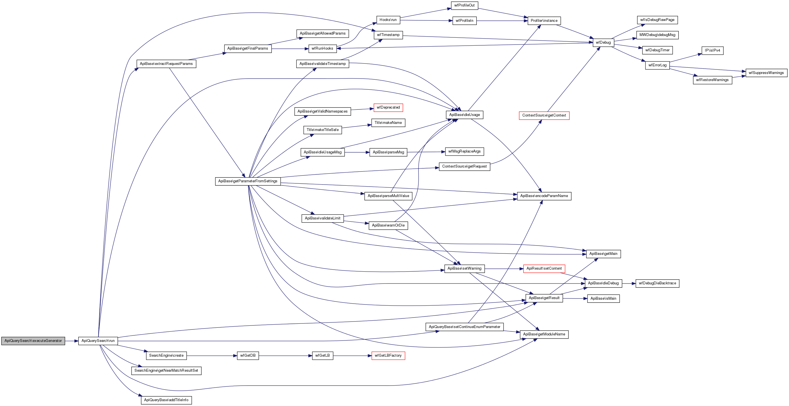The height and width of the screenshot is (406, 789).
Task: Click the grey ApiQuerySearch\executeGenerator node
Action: [33, 341]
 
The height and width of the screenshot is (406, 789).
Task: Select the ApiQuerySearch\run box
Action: [98, 341]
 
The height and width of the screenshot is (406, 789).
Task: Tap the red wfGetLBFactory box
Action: [388, 356]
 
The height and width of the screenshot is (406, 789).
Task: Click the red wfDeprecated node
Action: [388, 108]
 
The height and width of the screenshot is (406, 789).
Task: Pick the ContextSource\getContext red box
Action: [544, 116]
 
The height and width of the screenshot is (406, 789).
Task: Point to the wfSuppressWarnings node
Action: [766, 73]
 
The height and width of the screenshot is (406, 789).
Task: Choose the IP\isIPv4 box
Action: [713, 50]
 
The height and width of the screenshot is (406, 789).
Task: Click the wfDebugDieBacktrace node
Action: [657, 283]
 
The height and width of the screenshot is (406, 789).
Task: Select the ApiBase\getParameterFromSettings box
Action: [248, 181]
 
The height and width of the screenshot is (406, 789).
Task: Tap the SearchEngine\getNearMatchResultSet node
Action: [166, 371]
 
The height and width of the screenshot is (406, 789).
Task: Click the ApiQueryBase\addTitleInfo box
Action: [166, 400]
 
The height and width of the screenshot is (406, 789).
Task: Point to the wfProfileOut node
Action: [464, 5]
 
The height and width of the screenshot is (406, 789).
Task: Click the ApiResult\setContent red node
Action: [544, 268]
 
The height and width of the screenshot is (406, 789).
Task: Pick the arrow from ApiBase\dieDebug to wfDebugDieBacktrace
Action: [628, 283]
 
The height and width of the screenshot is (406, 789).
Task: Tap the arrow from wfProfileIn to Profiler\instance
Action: [502, 21]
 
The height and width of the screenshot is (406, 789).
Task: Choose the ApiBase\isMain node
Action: [603, 299]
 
